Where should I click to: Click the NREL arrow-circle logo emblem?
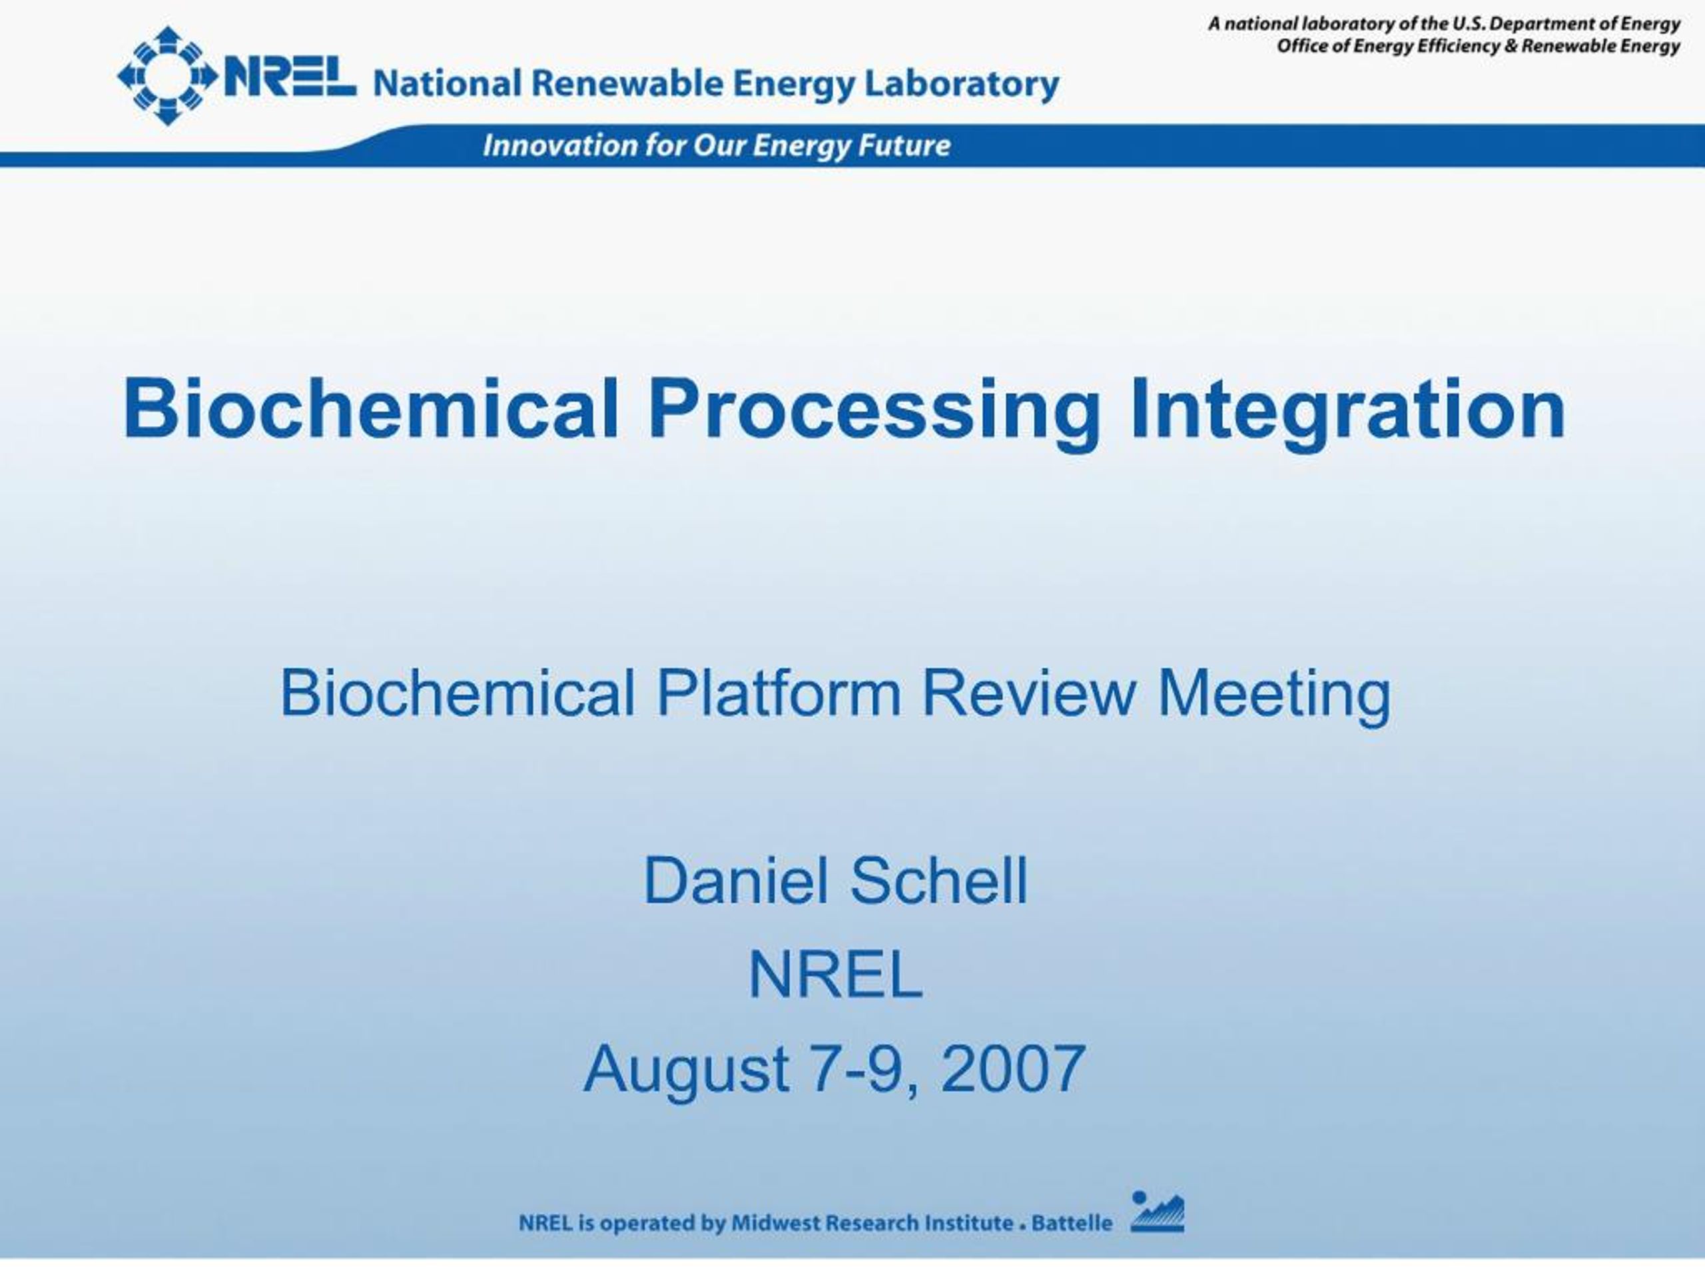coord(167,75)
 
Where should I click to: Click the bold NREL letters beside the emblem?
coord(290,77)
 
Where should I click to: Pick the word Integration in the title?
coord(1348,413)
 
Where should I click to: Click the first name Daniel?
coord(735,881)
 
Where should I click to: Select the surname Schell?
coord(939,881)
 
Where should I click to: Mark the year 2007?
coord(1013,1068)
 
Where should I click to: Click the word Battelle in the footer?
coord(1072,1223)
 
